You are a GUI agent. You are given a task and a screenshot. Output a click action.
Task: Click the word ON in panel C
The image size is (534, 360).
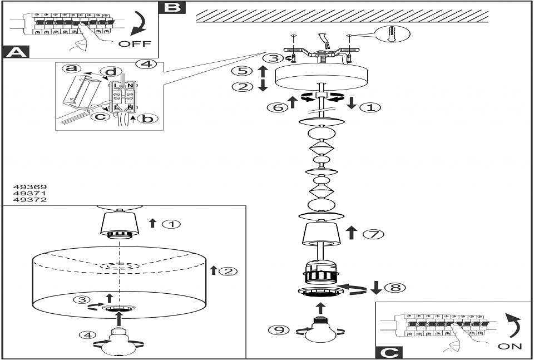tap(510, 346)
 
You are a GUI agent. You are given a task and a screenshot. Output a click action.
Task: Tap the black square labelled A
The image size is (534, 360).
tap(15, 53)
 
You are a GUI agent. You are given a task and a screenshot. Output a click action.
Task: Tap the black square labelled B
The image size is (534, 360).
tap(172, 7)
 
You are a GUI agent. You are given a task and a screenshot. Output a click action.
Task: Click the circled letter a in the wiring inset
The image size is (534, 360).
tap(70, 68)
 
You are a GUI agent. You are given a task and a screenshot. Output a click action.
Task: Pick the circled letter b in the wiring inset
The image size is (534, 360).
tap(145, 119)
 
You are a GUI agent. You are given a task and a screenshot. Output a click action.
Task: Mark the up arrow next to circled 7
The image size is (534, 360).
tap(351, 233)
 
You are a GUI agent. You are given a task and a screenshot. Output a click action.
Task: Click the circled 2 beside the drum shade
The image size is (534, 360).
tap(228, 272)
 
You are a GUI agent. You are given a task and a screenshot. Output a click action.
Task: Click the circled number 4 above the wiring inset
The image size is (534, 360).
tap(146, 64)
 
